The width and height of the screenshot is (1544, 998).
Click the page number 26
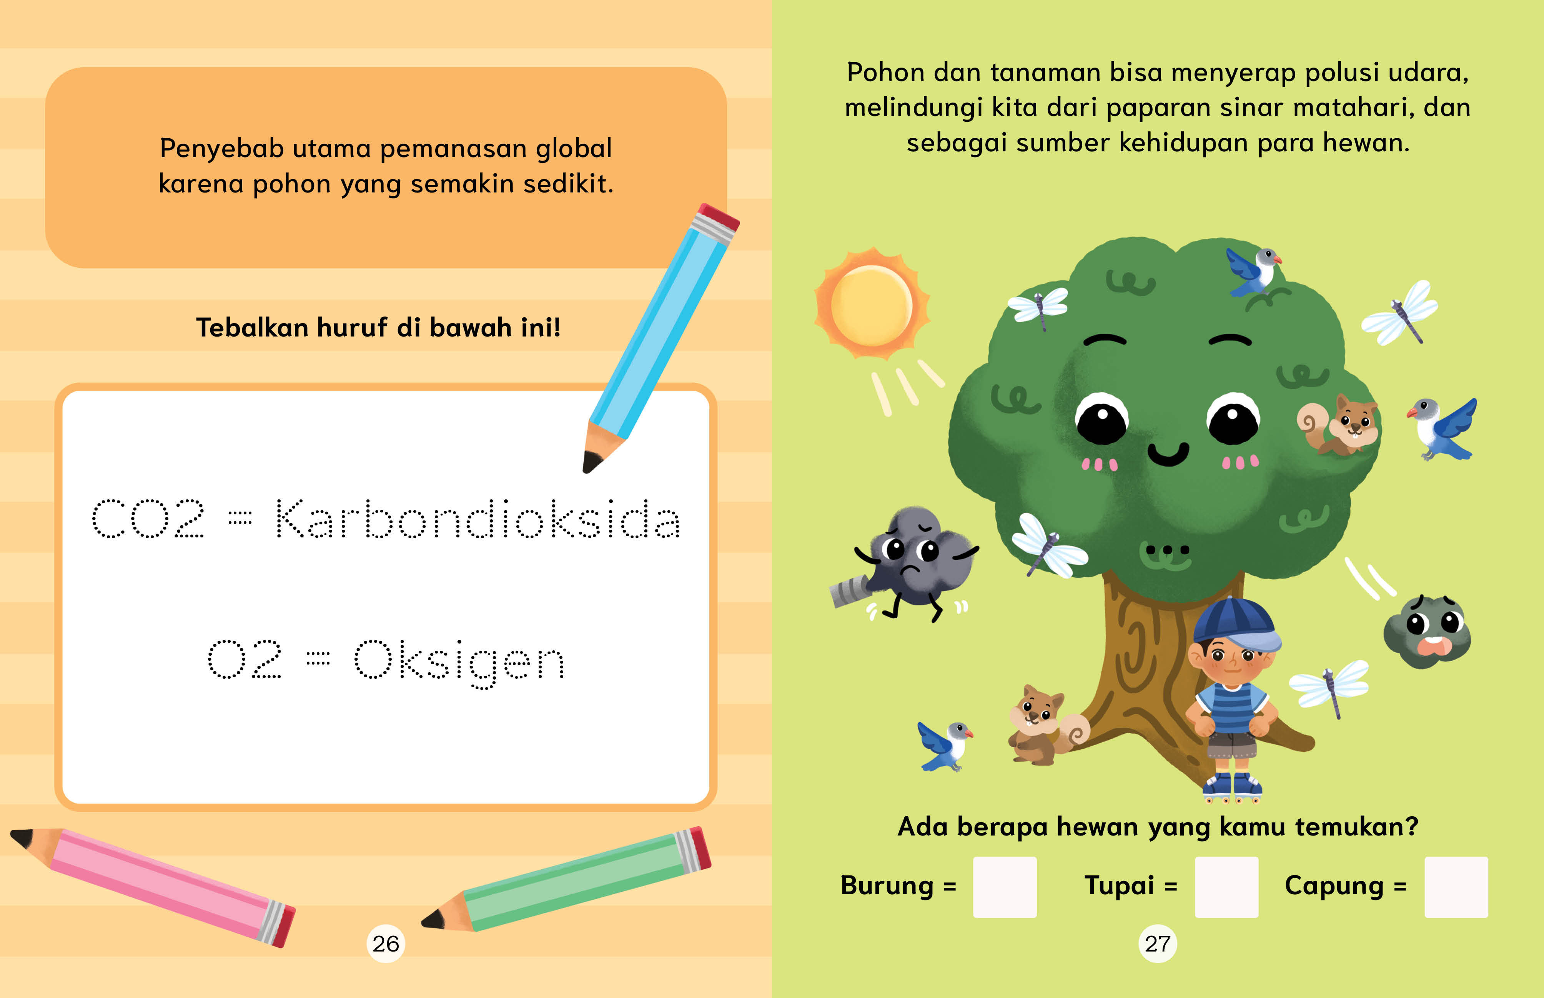point(386,943)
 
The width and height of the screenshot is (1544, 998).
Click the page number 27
point(1158,943)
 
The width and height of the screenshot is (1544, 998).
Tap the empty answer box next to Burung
point(1005,887)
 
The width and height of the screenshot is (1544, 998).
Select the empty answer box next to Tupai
point(1226,887)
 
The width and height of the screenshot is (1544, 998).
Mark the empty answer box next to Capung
point(1456,887)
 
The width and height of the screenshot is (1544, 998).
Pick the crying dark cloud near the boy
point(1427,632)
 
